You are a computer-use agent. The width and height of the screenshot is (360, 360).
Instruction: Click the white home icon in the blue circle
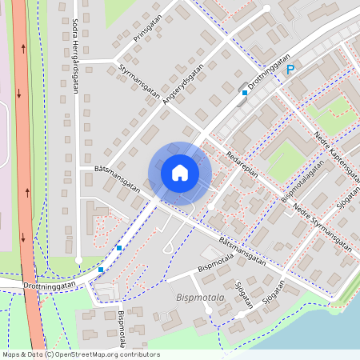tap(180, 173)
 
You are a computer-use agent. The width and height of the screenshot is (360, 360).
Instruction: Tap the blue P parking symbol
tap(290, 70)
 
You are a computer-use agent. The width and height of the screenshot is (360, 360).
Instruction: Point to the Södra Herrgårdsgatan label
tap(74, 56)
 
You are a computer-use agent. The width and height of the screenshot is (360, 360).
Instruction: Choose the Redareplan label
tap(239, 164)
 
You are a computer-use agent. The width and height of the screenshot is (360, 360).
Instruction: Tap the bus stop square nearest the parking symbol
tap(245, 93)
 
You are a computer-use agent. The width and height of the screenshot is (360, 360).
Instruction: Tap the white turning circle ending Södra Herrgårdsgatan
tap(78, 261)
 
